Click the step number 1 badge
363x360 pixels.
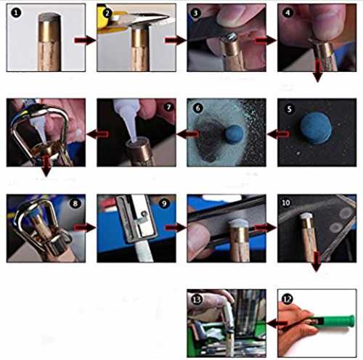[x=16, y=12]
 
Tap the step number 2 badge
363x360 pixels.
[x=107, y=13]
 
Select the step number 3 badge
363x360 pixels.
[x=195, y=13]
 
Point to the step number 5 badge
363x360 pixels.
[x=289, y=109]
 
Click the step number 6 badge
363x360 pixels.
[x=197, y=108]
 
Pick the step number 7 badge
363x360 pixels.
[x=168, y=107]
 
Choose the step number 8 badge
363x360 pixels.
[x=75, y=203]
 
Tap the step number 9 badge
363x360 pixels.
[x=164, y=203]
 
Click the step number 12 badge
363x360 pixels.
[x=287, y=299]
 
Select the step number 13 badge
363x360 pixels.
[x=196, y=300]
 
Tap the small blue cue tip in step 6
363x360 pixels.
[x=234, y=134]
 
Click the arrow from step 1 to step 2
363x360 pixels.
[x=85, y=40]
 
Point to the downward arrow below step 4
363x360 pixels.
[x=318, y=71]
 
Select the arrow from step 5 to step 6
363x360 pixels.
[x=279, y=134]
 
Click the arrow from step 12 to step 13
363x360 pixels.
[x=277, y=323]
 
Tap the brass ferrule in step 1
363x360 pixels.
[x=49, y=31]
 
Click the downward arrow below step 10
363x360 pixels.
[x=317, y=261]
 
